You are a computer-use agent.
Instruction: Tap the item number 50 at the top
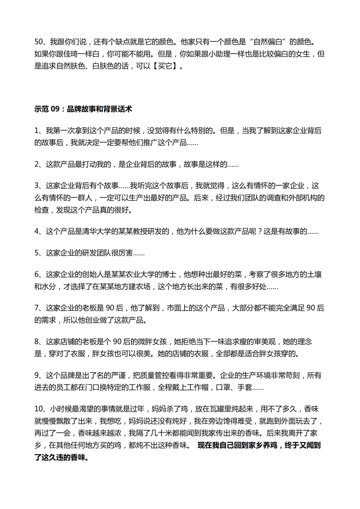click(x=39, y=42)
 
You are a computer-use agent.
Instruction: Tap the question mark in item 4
click(x=260, y=231)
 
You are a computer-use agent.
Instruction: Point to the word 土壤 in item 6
click(x=314, y=274)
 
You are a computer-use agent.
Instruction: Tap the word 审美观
click(x=265, y=342)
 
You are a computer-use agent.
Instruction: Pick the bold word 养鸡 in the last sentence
click(x=270, y=445)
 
